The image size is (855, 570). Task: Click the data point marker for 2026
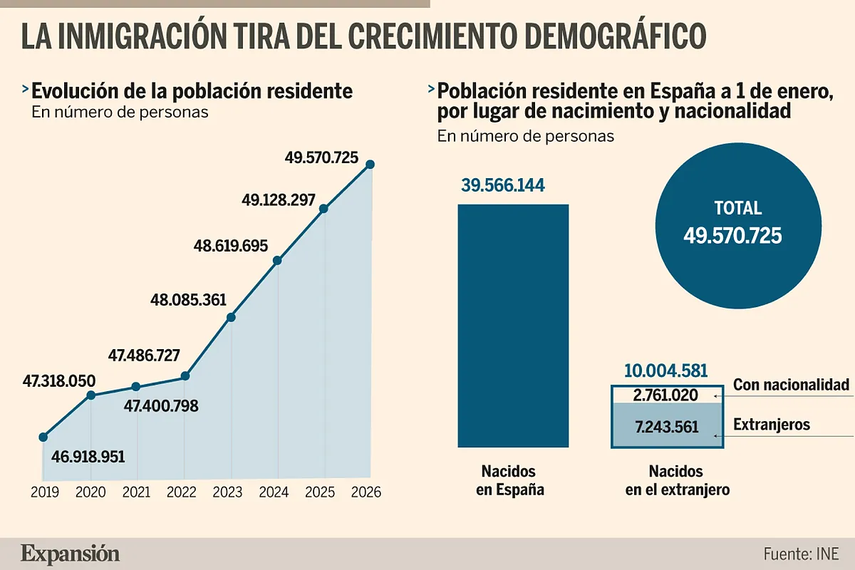[370, 165]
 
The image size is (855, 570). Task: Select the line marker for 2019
[43, 437]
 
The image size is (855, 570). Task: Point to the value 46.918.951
[88, 457]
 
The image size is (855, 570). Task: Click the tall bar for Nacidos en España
[513, 325]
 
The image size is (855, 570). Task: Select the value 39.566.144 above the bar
[503, 186]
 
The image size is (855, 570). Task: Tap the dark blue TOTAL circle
[732, 224]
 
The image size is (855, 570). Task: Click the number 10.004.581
[665, 371]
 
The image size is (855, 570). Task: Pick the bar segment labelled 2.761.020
[667, 395]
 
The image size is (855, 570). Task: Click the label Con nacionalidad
[791, 385]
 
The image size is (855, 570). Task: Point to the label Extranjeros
[772, 425]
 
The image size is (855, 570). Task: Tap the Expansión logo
[70, 554]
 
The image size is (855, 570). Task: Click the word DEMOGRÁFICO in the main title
[600, 37]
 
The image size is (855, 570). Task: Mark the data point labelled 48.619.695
[278, 261]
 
